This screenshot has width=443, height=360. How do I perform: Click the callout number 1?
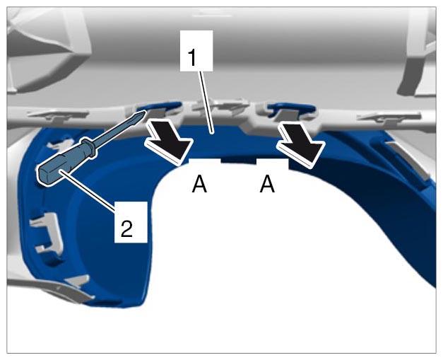point(193,58)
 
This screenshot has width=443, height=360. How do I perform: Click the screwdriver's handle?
point(62,166)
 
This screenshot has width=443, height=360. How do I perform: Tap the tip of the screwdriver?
point(145,112)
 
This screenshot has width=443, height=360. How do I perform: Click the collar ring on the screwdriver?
point(90,146)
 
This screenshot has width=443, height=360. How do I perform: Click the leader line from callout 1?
point(206,102)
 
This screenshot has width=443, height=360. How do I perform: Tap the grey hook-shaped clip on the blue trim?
point(47,232)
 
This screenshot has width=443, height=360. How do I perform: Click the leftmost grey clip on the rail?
point(58,115)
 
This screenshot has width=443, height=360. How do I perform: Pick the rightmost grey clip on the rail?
point(389,117)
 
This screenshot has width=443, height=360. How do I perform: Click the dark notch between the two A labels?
point(238,160)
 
